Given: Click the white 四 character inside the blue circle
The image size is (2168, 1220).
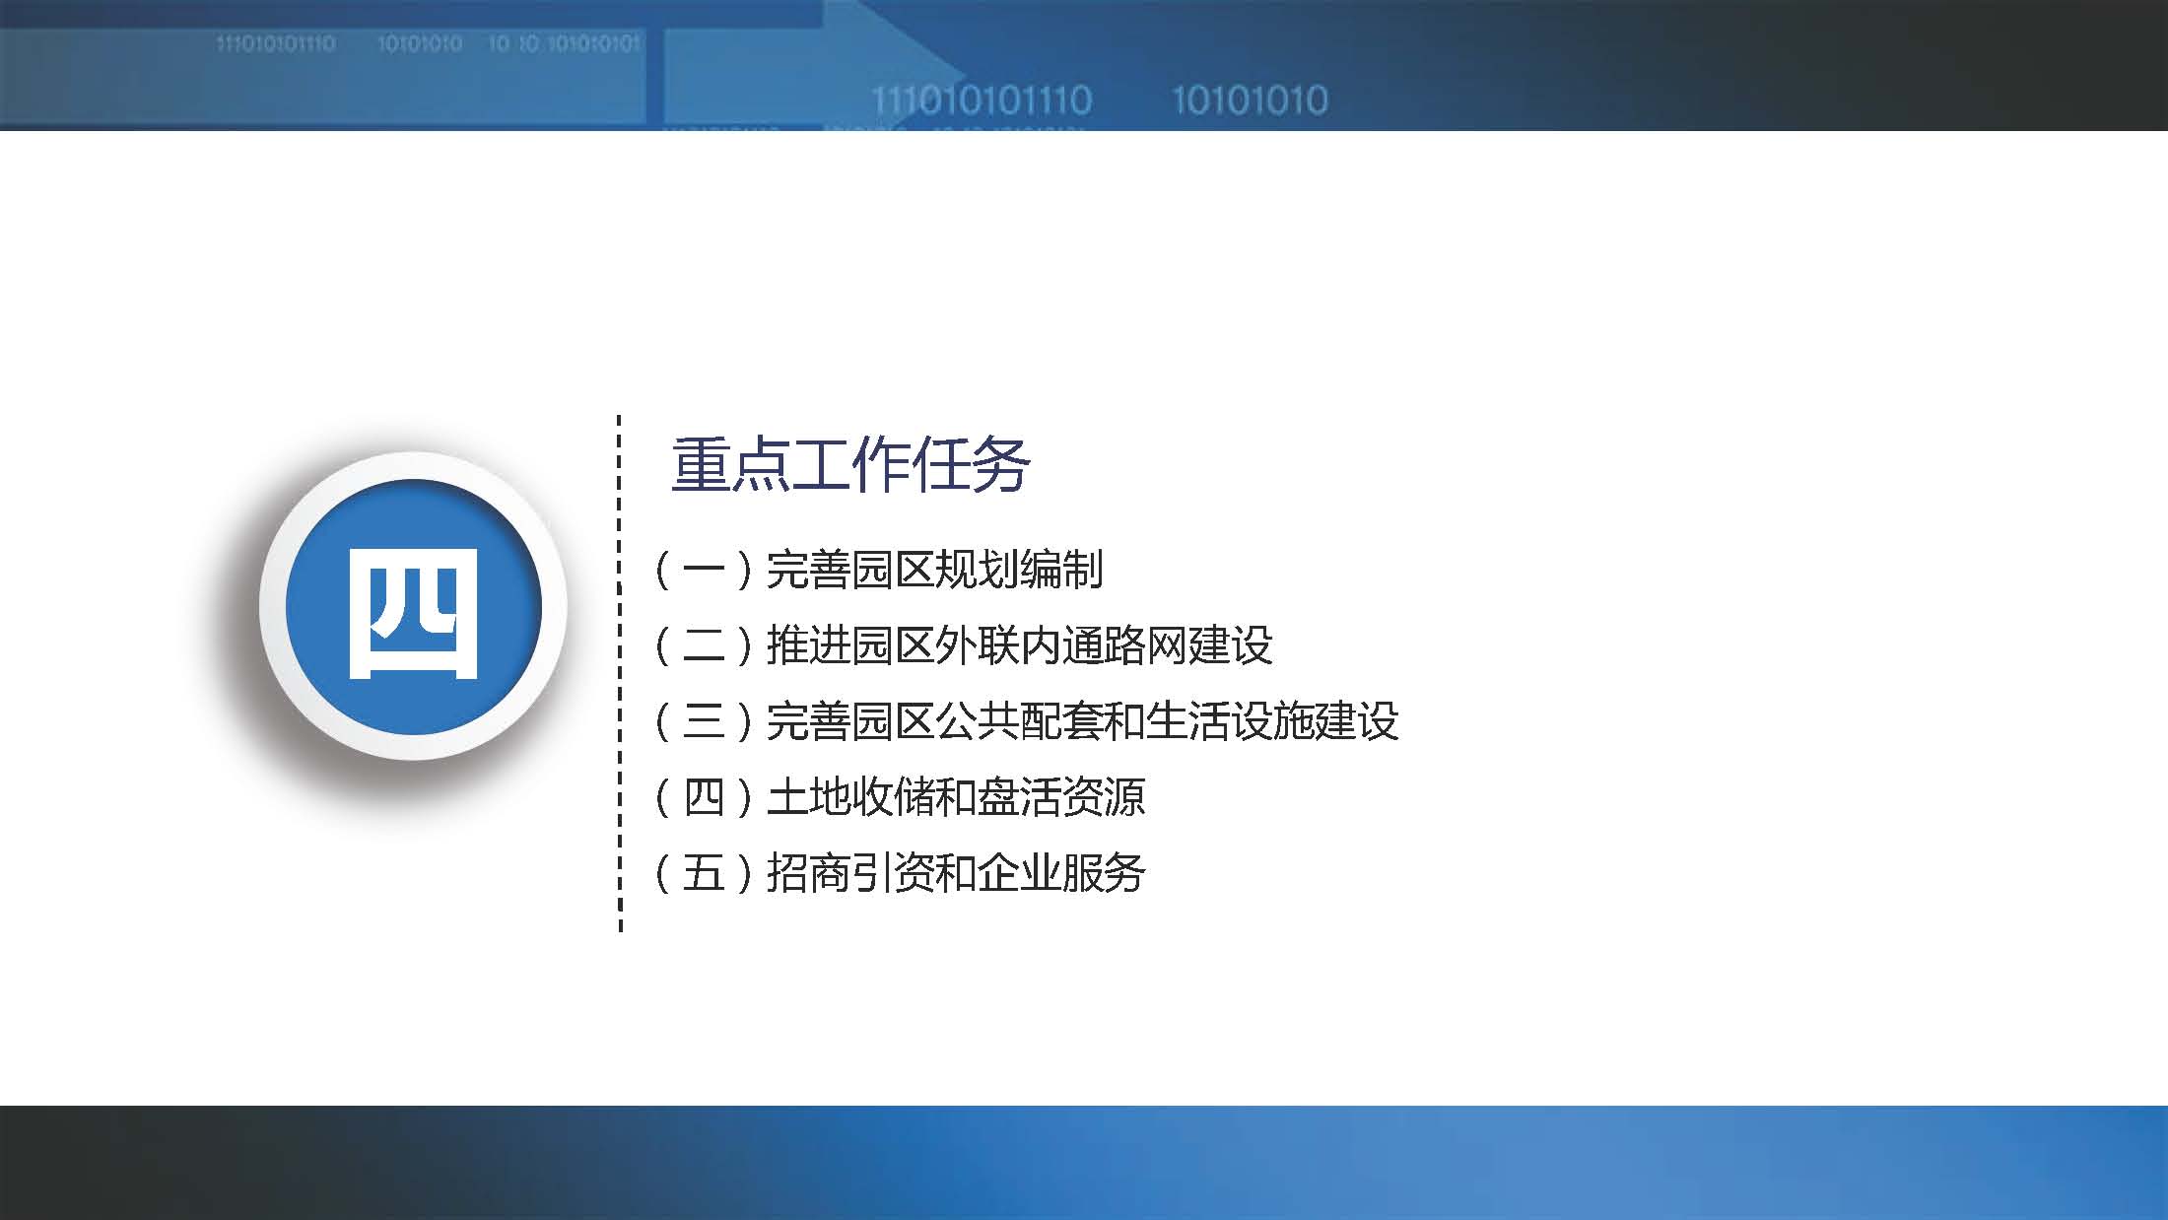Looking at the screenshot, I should (414, 613).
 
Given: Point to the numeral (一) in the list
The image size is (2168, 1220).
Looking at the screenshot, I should (704, 571).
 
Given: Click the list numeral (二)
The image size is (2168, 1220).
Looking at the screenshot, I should (704, 646).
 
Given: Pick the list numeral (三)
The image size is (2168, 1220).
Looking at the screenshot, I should (704, 722).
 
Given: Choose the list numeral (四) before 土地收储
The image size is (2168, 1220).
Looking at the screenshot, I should (704, 797).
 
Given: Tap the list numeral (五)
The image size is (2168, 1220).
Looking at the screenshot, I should (704, 873).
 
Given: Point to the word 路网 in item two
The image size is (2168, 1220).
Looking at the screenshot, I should (1146, 646).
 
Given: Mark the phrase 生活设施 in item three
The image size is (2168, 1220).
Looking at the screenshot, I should (1230, 722).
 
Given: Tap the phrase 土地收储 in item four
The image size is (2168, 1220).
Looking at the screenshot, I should (849, 797).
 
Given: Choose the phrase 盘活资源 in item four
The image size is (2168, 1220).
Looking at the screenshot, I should (1061, 797).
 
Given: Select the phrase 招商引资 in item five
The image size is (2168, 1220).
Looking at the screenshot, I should (849, 873).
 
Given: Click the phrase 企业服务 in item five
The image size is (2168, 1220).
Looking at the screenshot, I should (1061, 873).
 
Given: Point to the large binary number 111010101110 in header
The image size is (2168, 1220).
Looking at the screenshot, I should (982, 101).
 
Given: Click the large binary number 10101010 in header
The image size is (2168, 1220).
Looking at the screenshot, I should (1250, 101).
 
